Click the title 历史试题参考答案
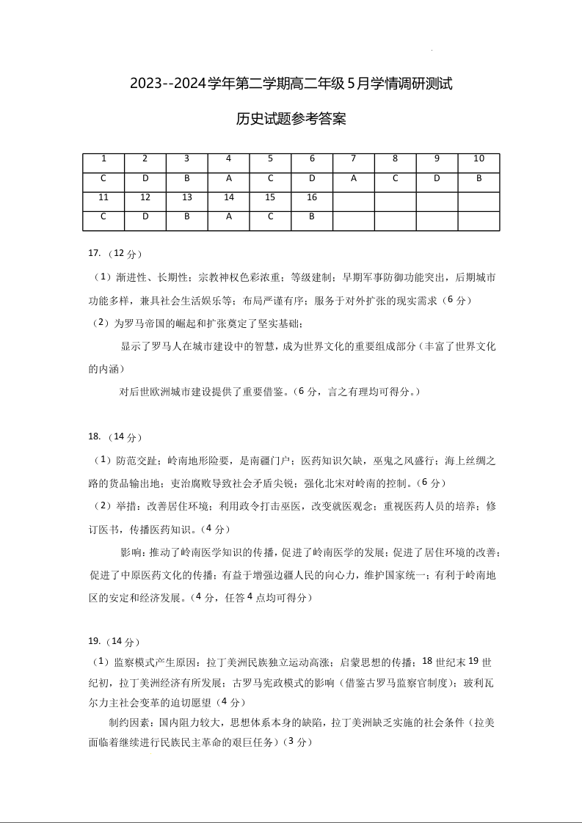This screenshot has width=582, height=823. click(x=291, y=119)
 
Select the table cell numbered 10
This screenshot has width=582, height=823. click(x=479, y=158)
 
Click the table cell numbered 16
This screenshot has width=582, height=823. click(x=312, y=197)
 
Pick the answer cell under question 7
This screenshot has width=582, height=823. click(x=354, y=178)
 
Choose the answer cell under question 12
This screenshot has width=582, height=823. click(x=145, y=216)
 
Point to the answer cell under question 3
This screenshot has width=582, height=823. click(x=187, y=178)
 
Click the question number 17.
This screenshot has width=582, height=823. click(x=93, y=254)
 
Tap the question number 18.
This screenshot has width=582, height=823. click(x=93, y=437)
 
